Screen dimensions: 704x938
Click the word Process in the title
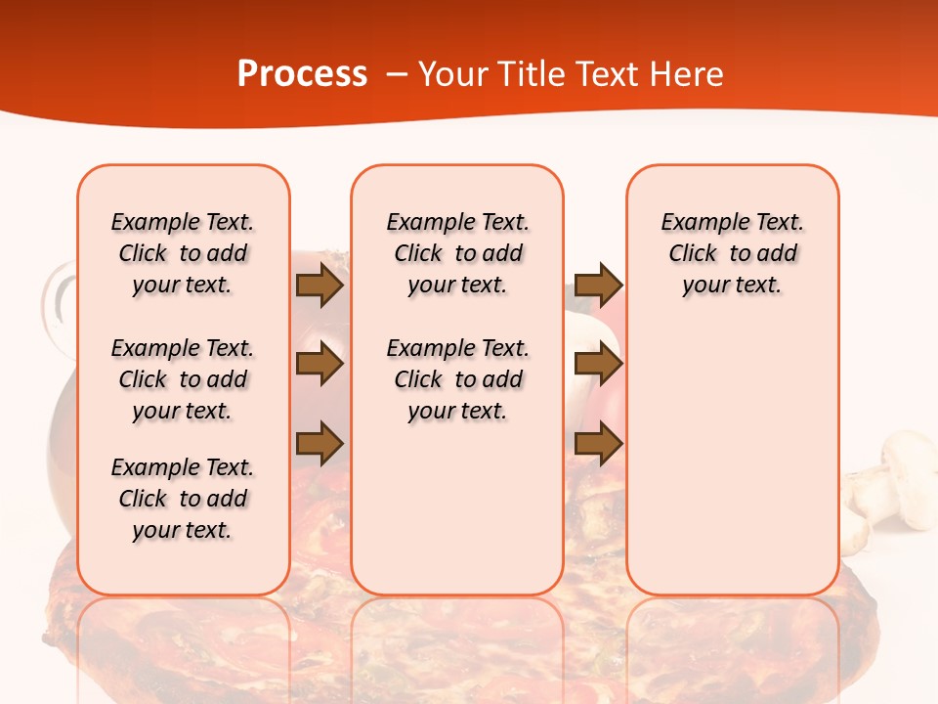pos(302,74)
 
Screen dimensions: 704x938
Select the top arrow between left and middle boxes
pos(319,286)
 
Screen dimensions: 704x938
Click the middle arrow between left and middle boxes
pos(319,364)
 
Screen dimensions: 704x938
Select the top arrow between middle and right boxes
pos(598,286)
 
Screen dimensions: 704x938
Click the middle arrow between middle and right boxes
pos(598,364)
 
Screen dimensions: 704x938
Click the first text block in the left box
pos(183,253)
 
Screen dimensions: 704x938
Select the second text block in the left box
pos(183,379)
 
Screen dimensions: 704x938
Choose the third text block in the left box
pos(183,499)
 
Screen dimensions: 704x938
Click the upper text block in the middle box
pos(457,253)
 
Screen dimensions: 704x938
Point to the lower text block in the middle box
pos(457,379)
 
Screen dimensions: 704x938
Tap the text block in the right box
pos(733,253)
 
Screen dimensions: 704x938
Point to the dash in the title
pos(397,74)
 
